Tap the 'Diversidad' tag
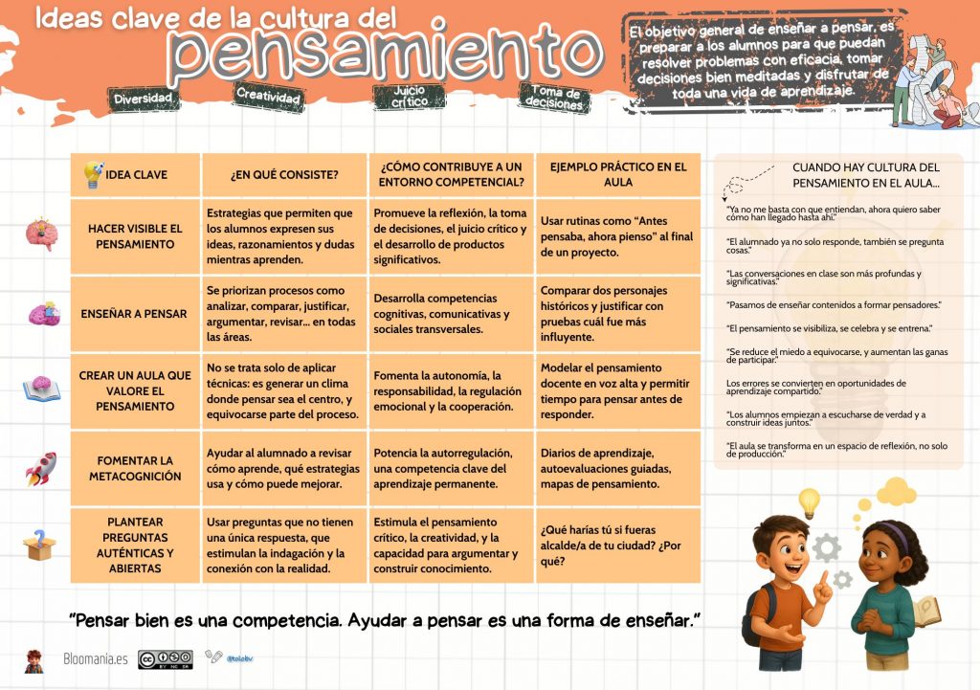pos(143,99)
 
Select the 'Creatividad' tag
pos(269,96)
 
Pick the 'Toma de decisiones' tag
pos(553,99)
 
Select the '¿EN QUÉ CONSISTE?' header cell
pos(284,174)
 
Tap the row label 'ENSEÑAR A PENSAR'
pos(134,314)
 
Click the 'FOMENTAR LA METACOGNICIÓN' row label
pos(135,469)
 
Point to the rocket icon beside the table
pos(40,468)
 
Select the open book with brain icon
pos(41,388)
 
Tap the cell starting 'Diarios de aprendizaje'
pos(616,469)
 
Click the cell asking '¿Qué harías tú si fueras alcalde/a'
pos(616,545)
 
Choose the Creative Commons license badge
pos(165,659)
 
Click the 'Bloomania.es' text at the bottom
pos(95,659)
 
